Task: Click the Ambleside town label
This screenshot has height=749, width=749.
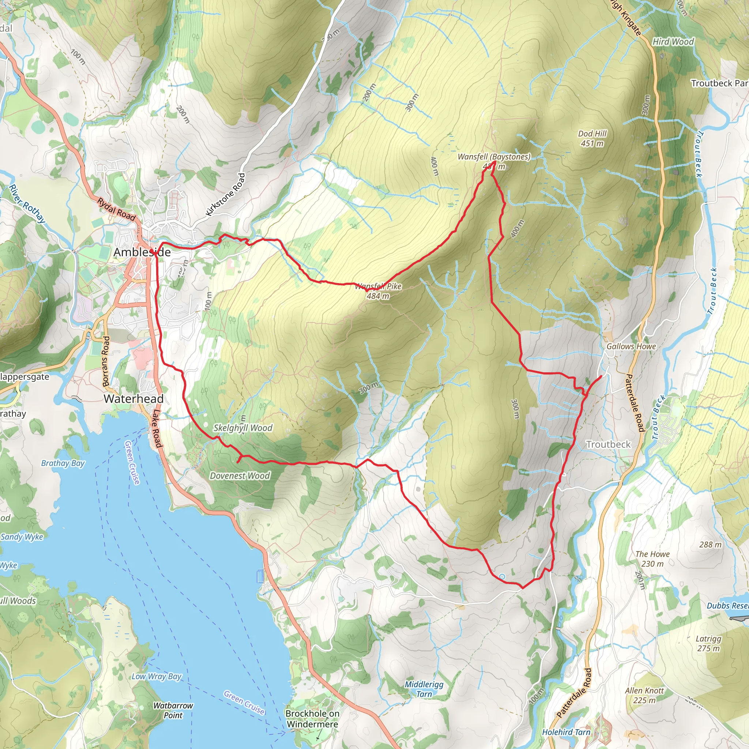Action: click(142, 252)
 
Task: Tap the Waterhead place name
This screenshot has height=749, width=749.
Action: click(133, 399)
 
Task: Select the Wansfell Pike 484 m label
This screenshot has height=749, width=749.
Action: click(378, 291)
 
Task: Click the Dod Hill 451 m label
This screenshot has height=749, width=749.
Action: click(592, 138)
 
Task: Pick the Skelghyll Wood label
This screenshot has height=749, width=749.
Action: click(243, 428)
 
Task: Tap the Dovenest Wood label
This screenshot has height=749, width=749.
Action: click(240, 476)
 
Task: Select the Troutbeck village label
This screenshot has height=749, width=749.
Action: click(608, 444)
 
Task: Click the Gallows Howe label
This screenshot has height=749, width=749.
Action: click(631, 346)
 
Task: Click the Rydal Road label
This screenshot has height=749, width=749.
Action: click(116, 209)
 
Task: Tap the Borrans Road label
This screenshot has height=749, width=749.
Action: click(106, 361)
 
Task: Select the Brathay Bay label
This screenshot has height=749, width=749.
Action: click(63, 463)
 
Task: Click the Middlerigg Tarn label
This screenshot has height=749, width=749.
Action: click(424, 689)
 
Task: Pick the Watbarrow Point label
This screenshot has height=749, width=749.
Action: click(173, 710)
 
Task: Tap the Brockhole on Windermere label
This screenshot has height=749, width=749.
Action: click(312, 718)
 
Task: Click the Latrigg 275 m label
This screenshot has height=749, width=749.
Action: click(708, 643)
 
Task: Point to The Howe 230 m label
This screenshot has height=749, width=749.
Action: click(652, 559)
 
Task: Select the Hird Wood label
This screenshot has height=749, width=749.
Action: click(673, 41)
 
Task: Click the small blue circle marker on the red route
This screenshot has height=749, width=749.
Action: click(502, 577)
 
